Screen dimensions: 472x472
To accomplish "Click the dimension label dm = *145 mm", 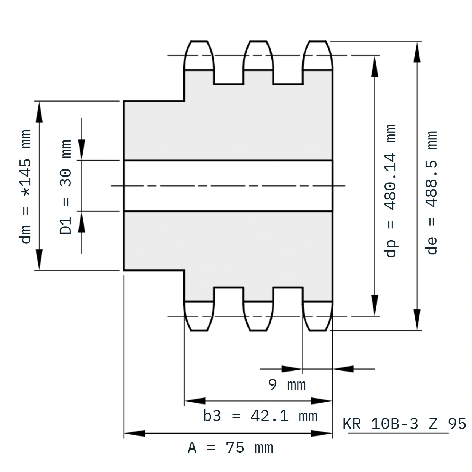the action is point(25,187).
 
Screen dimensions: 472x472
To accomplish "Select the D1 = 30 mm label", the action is point(65,187).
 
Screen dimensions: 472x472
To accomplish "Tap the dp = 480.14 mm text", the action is point(391,191).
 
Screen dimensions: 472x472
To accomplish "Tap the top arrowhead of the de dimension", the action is point(417,52).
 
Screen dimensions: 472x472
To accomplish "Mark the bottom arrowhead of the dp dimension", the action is point(375,305).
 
